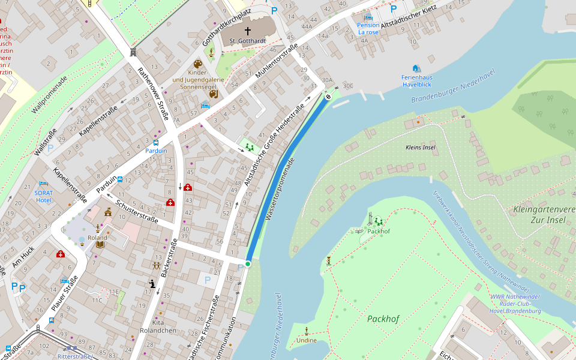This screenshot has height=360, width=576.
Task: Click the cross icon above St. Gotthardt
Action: [247, 31]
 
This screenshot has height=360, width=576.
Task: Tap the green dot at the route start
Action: [247, 263]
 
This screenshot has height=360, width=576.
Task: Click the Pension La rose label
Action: [368, 28]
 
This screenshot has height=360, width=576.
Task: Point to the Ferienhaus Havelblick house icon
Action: [416, 68]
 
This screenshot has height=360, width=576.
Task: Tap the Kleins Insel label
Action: [420, 147]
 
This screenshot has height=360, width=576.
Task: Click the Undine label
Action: [307, 340]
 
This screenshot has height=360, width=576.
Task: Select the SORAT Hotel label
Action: [44, 196]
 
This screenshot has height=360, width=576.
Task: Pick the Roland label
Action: [97, 238]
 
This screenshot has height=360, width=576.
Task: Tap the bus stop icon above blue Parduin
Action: [156, 143]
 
